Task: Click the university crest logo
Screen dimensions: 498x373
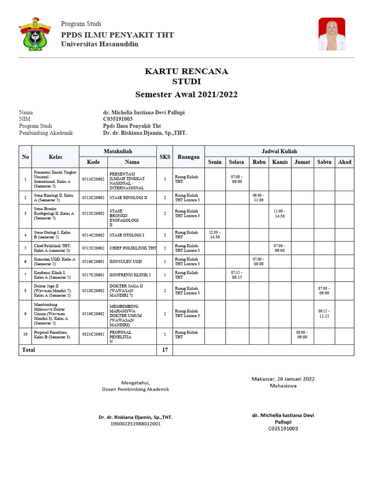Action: (x=35, y=34)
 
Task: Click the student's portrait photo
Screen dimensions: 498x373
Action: (x=332, y=34)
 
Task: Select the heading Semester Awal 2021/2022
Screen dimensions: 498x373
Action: (x=186, y=94)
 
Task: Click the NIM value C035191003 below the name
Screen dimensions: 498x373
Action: (x=118, y=119)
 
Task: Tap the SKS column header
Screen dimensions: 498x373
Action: (x=165, y=157)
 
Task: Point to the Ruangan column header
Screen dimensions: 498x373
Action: (x=188, y=157)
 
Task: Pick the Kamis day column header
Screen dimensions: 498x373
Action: (x=280, y=162)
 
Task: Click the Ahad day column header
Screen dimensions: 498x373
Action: (x=344, y=162)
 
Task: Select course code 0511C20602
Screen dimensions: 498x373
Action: (x=93, y=179)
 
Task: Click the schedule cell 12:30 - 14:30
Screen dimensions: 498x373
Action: (x=215, y=235)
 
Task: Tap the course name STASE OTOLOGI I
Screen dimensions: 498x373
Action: (x=127, y=235)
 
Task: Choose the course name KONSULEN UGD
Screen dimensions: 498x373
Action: (x=126, y=261)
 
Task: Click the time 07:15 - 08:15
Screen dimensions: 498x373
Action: (x=237, y=274)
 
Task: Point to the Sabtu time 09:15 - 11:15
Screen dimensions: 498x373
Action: (x=323, y=314)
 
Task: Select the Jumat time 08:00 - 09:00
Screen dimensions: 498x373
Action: (x=302, y=335)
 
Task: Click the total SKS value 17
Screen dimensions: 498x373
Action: (x=164, y=350)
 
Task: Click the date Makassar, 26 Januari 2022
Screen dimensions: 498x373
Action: (x=283, y=378)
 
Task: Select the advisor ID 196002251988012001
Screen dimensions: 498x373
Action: (x=135, y=424)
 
